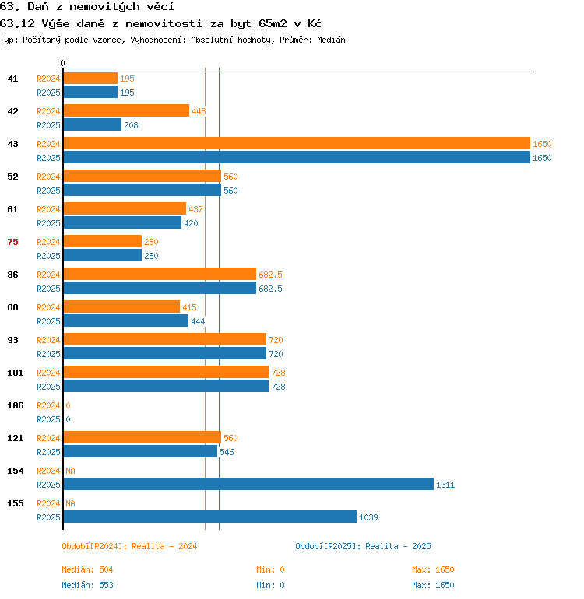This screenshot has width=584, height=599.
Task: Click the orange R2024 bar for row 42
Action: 126,110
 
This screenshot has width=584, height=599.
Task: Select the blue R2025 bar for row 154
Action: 248,484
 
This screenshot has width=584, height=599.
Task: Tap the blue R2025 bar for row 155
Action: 210,517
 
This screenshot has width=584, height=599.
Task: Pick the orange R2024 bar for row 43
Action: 297,143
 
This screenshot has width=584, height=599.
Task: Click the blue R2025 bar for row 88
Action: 126,321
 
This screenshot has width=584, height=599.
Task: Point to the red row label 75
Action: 12,242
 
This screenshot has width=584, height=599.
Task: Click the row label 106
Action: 16,405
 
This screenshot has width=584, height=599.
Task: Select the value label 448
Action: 199,111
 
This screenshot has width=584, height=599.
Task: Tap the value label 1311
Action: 445,485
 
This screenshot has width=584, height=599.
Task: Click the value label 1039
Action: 368,517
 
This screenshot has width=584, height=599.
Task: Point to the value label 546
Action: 227,452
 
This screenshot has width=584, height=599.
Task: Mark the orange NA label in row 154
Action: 70,471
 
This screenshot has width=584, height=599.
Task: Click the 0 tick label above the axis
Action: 63,63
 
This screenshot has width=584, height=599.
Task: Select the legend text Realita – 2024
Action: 164,546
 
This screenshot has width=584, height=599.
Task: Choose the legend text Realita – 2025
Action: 398,546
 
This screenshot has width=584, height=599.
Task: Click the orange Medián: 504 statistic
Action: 87,569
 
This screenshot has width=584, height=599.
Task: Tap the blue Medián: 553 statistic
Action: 87,585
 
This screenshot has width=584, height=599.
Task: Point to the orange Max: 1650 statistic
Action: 433,569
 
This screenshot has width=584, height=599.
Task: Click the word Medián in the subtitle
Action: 331,40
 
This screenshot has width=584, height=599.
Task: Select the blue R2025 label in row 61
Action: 48,223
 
